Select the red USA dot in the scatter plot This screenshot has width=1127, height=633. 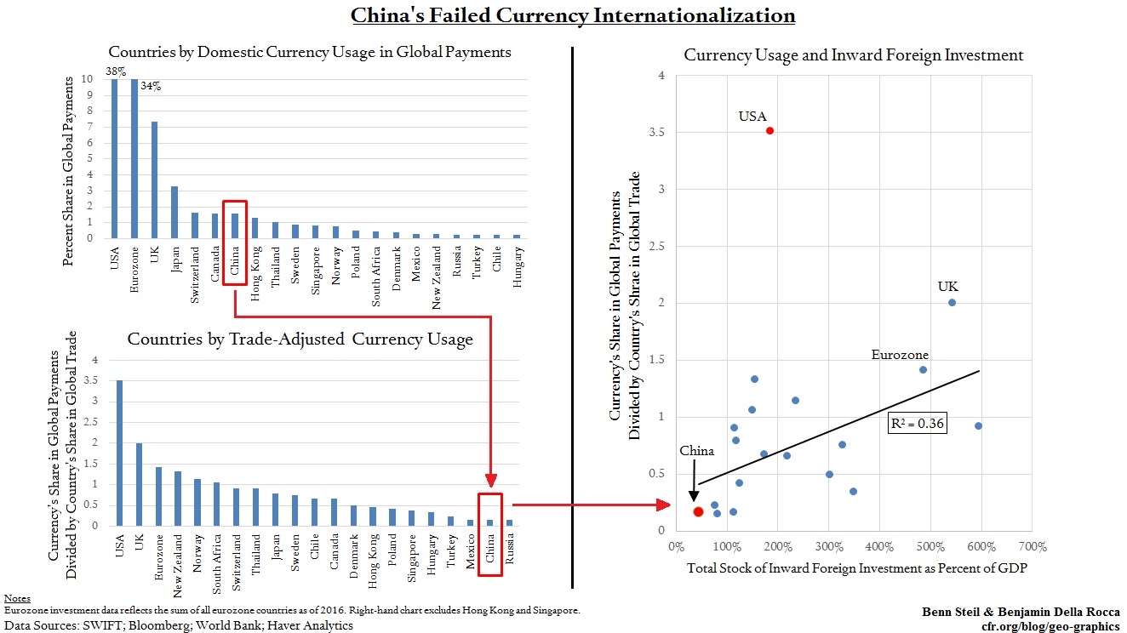click(769, 130)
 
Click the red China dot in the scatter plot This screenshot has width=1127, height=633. click(698, 511)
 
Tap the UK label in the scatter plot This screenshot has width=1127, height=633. click(947, 287)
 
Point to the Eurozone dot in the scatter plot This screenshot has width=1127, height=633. click(923, 369)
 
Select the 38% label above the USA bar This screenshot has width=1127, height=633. click(116, 71)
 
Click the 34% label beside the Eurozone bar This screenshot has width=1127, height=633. click(150, 85)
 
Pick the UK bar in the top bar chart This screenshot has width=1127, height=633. click(154, 180)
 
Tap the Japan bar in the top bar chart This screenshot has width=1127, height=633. click(174, 212)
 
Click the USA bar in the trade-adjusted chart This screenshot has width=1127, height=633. click(120, 453)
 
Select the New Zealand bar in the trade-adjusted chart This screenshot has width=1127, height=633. click(179, 499)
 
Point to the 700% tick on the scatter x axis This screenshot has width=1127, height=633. click(1032, 546)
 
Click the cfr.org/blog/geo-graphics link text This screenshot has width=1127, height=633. click(1050, 626)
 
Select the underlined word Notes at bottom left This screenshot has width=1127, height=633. click(16, 599)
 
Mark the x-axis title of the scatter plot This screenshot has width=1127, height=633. click(857, 568)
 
